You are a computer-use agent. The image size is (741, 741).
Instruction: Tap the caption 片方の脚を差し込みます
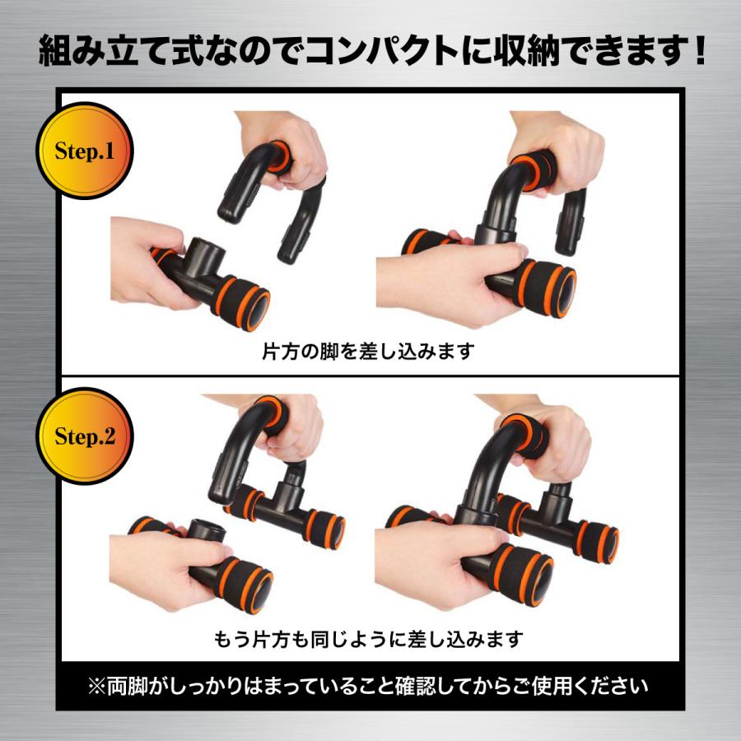pos(368,352)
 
